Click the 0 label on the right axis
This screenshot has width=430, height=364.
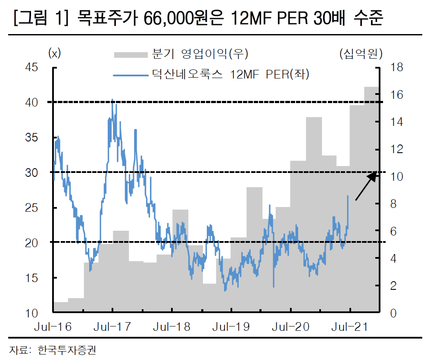393,313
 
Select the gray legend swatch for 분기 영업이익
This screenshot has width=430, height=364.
130,54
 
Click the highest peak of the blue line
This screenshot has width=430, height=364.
112,100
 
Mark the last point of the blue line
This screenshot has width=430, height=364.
348,196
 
